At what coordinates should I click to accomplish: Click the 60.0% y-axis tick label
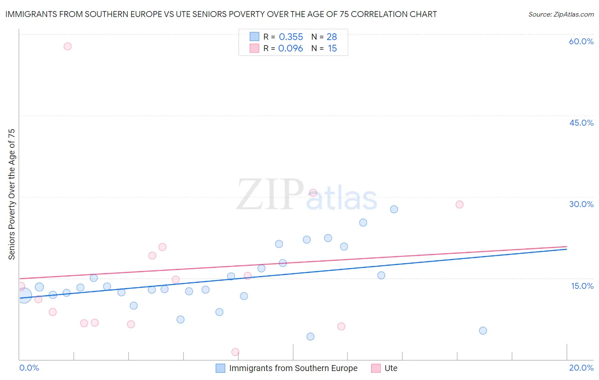click(581, 41)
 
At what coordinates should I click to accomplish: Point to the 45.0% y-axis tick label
click(581, 123)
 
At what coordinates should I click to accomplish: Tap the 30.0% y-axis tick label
click(581, 204)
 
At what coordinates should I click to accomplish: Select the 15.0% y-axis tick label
click(582, 286)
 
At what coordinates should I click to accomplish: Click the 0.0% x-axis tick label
click(29, 368)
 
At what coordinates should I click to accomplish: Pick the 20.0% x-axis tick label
click(581, 368)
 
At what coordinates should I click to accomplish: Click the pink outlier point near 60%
click(67, 46)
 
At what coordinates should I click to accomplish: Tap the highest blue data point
click(394, 209)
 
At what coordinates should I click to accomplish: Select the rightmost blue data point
click(483, 331)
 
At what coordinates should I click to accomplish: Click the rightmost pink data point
click(459, 204)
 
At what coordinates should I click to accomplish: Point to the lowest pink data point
click(235, 352)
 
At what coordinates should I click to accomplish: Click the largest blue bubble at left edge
click(24, 295)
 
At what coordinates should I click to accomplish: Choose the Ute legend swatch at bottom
click(376, 368)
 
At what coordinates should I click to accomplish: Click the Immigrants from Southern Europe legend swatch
click(220, 368)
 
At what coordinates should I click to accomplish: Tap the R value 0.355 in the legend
click(291, 37)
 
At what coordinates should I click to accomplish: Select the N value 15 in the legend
click(332, 49)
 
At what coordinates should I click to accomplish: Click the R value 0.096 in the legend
click(291, 49)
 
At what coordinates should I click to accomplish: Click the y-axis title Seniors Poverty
click(12, 194)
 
